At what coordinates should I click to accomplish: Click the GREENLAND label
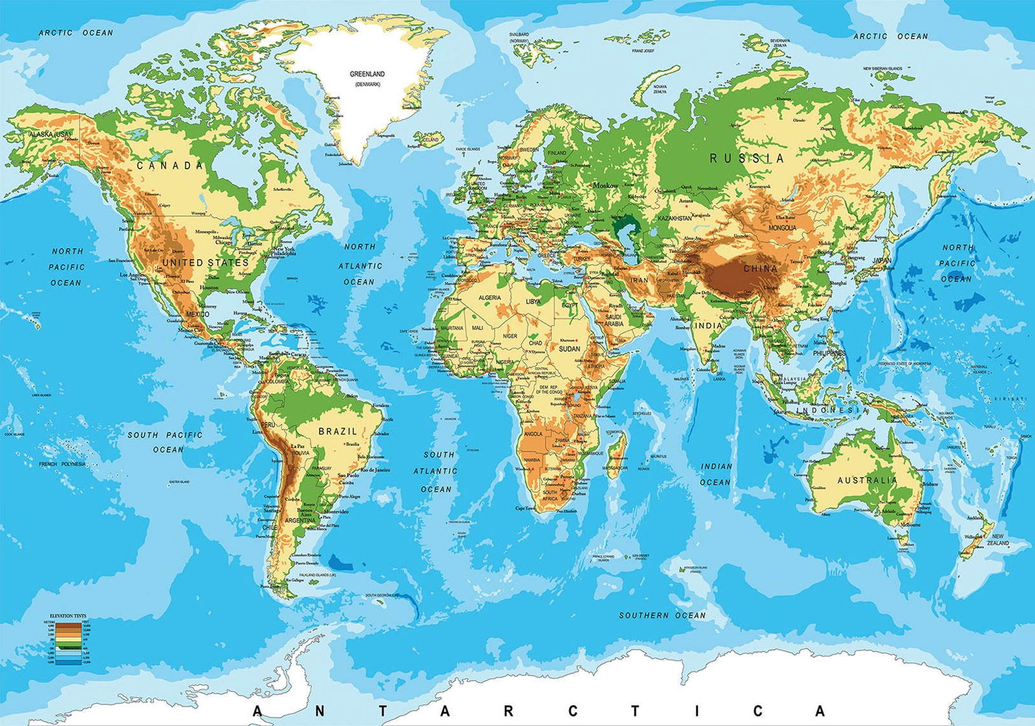coord(367,74)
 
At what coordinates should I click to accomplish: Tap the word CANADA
coord(171,166)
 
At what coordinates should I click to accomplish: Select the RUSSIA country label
coord(747,158)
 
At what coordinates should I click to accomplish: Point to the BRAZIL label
coord(338,431)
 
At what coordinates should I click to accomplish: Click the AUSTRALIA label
coord(867,480)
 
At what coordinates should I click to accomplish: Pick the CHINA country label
coord(760,269)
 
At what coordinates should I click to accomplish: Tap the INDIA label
coord(708,326)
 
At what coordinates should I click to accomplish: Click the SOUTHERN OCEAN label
coord(663,615)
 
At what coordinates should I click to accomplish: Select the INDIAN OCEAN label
coord(716,474)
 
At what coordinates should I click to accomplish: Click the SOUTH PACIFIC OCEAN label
coord(165,442)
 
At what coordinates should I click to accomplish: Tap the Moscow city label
coord(605,186)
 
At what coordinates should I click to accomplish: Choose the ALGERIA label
coord(489,298)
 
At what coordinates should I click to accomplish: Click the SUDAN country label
coord(569,349)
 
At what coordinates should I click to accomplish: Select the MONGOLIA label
coord(782,228)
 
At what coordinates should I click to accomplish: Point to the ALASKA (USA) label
coord(50,134)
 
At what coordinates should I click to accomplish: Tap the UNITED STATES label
coord(205,263)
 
